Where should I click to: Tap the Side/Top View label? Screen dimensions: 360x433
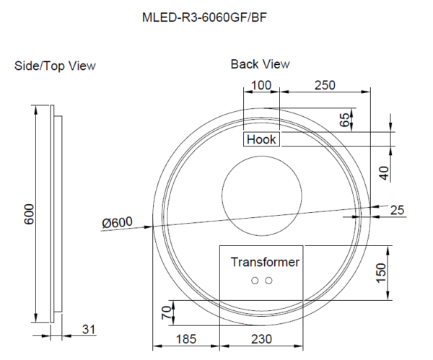pyautogui.click(x=55, y=66)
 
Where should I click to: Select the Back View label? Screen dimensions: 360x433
pyautogui.click(x=260, y=64)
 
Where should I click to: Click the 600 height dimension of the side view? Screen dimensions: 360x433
pyautogui.click(x=30, y=214)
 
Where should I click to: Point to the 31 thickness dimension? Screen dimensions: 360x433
pyautogui.click(x=88, y=330)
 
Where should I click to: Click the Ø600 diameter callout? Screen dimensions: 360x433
pyautogui.click(x=117, y=223)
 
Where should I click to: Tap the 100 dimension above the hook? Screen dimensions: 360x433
pyautogui.click(x=261, y=85)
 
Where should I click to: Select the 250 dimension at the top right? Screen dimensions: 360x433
pyautogui.click(x=325, y=85)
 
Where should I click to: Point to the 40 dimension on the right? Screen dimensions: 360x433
pyautogui.click(x=383, y=172)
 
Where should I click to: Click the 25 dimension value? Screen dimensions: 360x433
pyautogui.click(x=396, y=210)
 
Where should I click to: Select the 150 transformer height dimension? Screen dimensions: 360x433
pyautogui.click(x=382, y=272)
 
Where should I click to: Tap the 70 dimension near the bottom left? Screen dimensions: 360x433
pyautogui.click(x=166, y=315)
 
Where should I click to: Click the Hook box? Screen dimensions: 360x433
pyautogui.click(x=261, y=139)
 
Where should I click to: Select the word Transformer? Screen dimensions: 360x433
pyautogui.click(x=264, y=262)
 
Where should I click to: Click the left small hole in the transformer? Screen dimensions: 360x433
pyautogui.click(x=254, y=281)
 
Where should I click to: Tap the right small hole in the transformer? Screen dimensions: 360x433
pyautogui.click(x=268, y=281)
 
